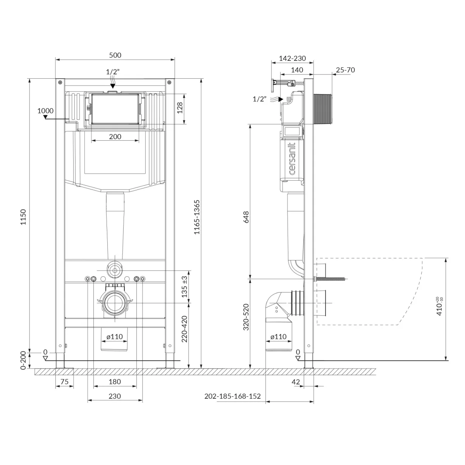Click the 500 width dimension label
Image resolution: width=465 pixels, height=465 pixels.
pyautogui.click(x=115, y=55)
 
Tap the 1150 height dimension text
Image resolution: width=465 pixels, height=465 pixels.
pyautogui.click(x=23, y=217)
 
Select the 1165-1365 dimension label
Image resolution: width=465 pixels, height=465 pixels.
pyautogui.click(x=197, y=217)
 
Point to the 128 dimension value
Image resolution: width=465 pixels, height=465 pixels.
pyautogui.click(x=180, y=108)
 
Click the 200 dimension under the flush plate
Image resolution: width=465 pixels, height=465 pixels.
pyautogui.click(x=115, y=136)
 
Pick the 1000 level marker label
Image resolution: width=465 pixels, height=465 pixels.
pyautogui.click(x=45, y=111)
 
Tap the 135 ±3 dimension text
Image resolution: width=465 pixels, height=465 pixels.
pyautogui.click(x=184, y=287)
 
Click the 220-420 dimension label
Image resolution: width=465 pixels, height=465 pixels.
pyautogui.click(x=184, y=329)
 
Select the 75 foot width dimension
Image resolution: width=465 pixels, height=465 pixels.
pyautogui.click(x=64, y=382)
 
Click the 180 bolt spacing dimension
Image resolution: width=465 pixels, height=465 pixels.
pyautogui.click(x=115, y=382)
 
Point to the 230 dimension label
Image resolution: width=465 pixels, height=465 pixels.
pyautogui.click(x=115, y=396)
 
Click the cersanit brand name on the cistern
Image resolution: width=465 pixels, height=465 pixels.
pyautogui.click(x=292, y=158)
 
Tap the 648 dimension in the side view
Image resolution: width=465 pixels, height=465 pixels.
pyautogui.click(x=246, y=217)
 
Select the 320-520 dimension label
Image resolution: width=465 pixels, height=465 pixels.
pyautogui.click(x=246, y=317)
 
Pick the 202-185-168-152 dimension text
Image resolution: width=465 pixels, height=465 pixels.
pyautogui.click(x=232, y=396)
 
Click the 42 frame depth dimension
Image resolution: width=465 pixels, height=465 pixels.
pyautogui.click(x=296, y=382)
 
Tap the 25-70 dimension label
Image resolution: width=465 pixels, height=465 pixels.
pyautogui.click(x=345, y=70)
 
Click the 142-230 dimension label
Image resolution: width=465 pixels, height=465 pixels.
pyautogui.click(x=293, y=59)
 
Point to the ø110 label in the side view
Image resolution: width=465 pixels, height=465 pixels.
pyautogui.click(x=279, y=337)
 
